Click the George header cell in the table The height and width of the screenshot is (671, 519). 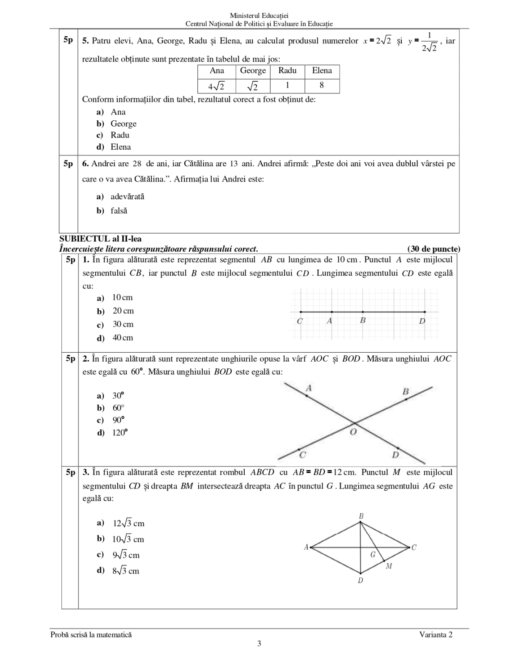(253, 71)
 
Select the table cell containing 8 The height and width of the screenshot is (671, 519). (322, 85)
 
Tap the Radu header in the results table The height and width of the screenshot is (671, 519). (287, 71)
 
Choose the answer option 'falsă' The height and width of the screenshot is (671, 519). (119, 211)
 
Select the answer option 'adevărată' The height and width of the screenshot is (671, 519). (127, 197)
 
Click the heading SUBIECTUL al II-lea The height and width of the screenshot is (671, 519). (100, 239)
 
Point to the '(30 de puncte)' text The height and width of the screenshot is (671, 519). (434, 249)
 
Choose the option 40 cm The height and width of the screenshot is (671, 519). (122, 338)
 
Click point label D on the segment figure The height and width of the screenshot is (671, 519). (422, 321)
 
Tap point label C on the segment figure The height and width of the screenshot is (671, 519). (300, 321)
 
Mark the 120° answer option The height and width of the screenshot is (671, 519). (119, 433)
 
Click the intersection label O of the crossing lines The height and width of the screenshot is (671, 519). (353, 432)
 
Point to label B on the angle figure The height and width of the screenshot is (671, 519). (406, 392)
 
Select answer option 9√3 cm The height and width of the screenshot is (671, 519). (126, 555)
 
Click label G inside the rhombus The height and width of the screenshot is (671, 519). (373, 555)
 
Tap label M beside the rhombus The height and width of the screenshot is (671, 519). (389, 566)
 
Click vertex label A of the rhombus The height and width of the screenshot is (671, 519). (306, 547)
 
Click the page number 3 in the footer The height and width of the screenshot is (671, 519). (259, 644)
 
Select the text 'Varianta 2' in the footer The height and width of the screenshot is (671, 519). (436, 634)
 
